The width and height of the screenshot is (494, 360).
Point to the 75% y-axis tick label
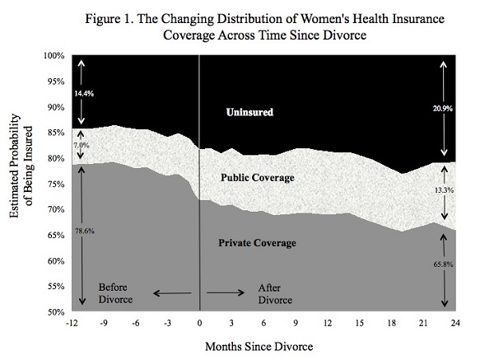[54, 185]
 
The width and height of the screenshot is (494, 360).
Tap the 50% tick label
[54, 312]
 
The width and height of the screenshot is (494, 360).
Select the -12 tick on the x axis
[72, 322]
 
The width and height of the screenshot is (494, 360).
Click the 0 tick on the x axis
[199, 322]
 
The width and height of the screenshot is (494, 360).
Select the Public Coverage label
[258, 177]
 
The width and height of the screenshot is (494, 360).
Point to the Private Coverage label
[259, 243]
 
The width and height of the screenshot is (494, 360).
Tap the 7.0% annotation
[80, 144]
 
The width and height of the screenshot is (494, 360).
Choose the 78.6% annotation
[85, 231]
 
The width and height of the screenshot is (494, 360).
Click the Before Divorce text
[118, 292]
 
